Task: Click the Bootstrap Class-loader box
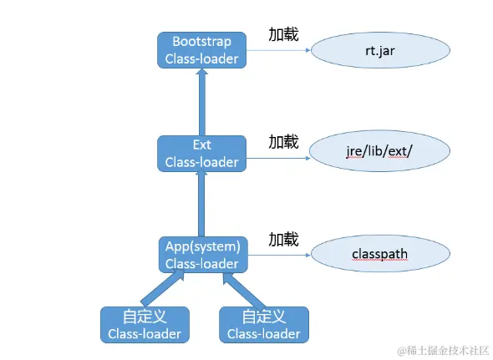(x=201, y=50)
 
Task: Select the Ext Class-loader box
(x=201, y=154)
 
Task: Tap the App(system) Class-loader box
(x=201, y=255)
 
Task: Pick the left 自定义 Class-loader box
(x=144, y=325)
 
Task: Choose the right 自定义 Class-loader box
(x=263, y=325)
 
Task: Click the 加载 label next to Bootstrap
(x=283, y=35)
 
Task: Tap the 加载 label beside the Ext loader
(x=283, y=141)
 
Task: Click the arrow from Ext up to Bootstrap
(x=201, y=102)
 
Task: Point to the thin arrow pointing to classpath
(x=278, y=255)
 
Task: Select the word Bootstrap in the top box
(x=201, y=41)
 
